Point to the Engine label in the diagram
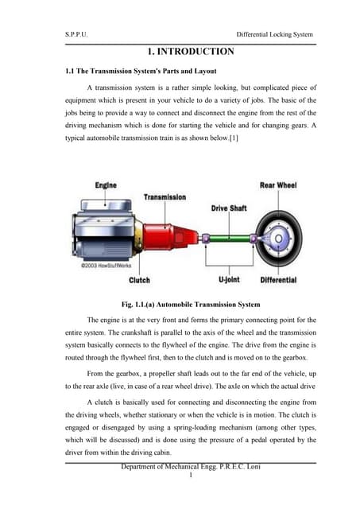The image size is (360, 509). pos(106,185)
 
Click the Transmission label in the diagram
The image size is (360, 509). pos(165,196)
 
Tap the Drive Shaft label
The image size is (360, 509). pos(229,208)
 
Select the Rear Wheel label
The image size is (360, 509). pos(277,185)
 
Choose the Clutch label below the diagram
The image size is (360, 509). pos(139,280)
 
